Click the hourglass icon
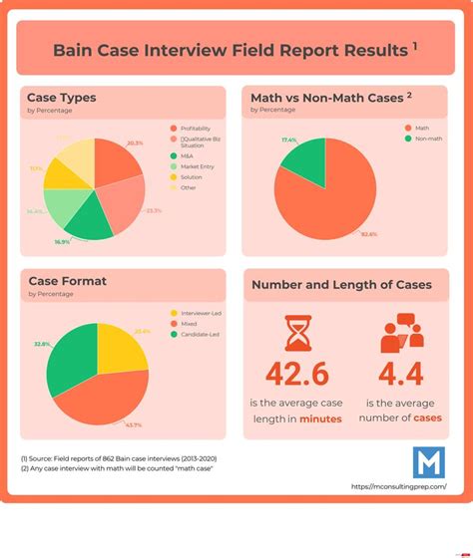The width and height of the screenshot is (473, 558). (x=297, y=335)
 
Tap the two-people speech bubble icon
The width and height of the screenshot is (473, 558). (x=401, y=335)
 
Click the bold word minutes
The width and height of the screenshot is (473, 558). (x=320, y=418)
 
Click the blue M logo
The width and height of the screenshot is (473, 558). (x=429, y=462)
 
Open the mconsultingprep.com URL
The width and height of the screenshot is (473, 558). (x=399, y=487)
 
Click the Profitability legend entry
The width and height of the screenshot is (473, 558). (x=198, y=129)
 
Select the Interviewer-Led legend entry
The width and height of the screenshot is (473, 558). (x=201, y=314)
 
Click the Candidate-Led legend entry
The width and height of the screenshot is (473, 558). (x=200, y=335)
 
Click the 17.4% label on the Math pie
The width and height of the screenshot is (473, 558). (x=289, y=139)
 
